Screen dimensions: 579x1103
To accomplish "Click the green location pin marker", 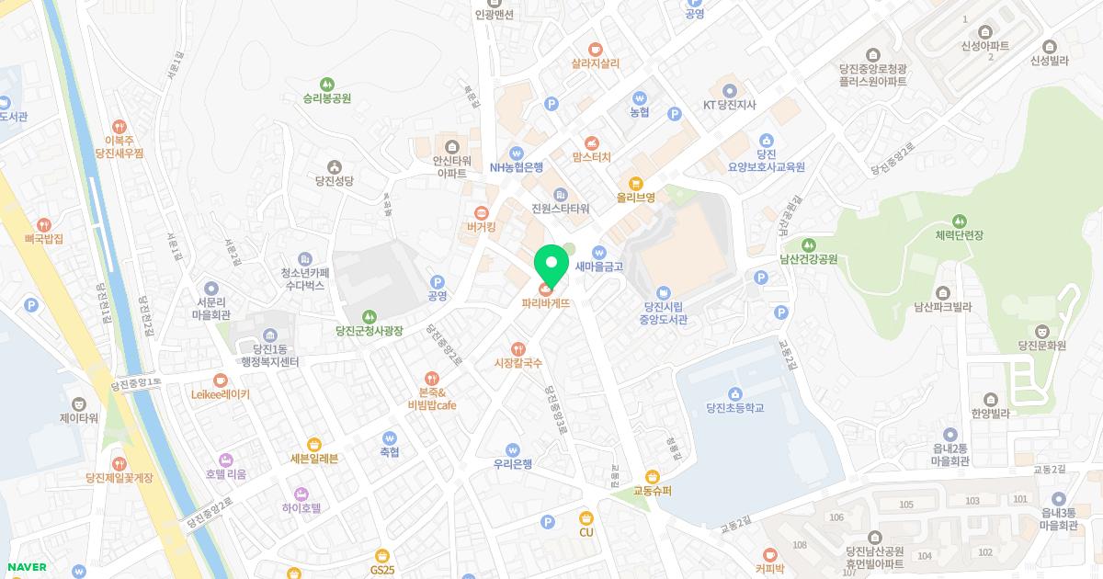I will [x=551, y=264].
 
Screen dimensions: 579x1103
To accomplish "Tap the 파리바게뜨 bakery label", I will [x=546, y=302].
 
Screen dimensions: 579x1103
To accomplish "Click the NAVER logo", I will [x=24, y=567].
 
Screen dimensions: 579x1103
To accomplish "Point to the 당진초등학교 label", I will [x=735, y=407].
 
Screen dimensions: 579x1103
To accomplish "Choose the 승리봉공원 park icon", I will [x=327, y=84].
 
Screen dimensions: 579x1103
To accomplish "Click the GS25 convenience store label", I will [x=382, y=570].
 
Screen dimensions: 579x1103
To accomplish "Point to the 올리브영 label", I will [x=635, y=197].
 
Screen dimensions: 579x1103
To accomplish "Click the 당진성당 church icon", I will [x=333, y=167].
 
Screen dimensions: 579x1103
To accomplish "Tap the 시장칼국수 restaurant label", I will [x=519, y=363].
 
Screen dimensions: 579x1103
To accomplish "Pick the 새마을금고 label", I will [x=598, y=267].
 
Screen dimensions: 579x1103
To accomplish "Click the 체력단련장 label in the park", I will [x=959, y=235].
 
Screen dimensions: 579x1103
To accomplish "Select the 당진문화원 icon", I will [x=1041, y=331].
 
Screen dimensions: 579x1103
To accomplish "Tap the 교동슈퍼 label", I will [x=653, y=491].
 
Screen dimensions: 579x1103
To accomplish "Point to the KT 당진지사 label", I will [x=729, y=105].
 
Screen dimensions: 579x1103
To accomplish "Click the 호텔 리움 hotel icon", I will [x=226, y=460].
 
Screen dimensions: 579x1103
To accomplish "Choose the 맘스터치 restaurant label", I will [x=591, y=157].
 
